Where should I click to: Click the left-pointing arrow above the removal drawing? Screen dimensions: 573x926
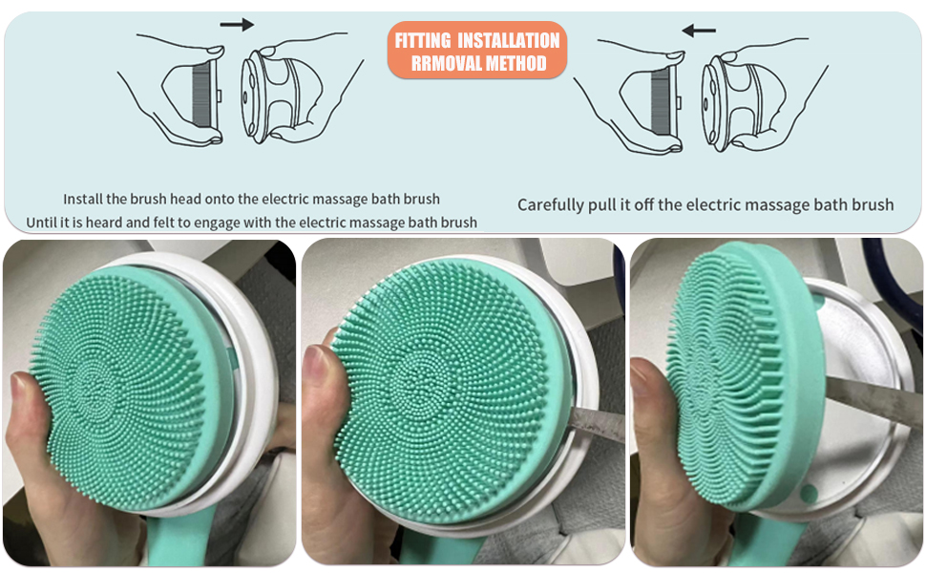pos(699,30)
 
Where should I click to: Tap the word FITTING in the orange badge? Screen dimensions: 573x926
pos(424,40)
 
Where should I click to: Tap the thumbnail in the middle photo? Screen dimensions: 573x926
pos(317,360)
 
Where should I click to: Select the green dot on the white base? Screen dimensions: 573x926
pos(810,494)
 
